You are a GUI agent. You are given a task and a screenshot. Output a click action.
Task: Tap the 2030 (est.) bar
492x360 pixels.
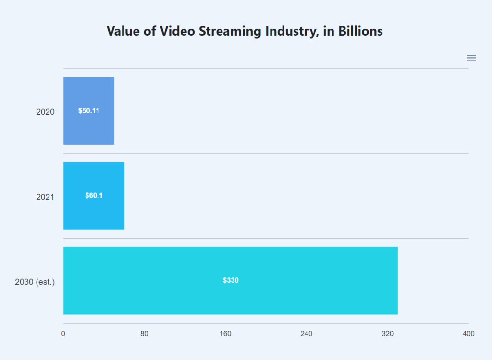[231, 298]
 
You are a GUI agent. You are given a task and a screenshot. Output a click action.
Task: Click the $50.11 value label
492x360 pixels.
[89, 111]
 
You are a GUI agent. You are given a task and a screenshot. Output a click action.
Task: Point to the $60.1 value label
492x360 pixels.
[94, 196]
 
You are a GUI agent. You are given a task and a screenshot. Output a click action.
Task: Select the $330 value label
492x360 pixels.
[231, 280]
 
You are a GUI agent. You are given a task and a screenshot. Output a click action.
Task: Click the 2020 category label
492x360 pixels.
[45, 112]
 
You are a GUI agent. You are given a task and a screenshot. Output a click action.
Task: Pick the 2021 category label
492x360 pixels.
[45, 197]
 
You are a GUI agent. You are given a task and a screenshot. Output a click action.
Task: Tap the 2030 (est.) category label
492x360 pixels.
[35, 282]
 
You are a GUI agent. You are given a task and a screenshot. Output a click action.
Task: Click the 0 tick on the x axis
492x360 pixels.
[63, 334]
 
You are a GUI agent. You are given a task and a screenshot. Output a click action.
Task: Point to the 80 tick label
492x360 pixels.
[144, 334]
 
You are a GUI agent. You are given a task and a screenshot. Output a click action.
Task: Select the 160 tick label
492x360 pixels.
[225, 334]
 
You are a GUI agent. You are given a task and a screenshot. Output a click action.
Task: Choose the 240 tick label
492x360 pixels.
[307, 334]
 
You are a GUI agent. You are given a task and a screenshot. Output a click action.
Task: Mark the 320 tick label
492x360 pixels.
[387, 334]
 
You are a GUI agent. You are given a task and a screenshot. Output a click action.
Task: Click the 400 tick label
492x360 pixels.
[468, 334]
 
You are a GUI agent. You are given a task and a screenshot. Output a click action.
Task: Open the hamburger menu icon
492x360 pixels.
[471, 58]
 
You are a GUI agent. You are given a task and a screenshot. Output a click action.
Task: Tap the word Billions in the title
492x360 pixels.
[360, 31]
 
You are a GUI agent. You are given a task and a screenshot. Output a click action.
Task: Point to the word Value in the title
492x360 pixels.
[122, 31]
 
